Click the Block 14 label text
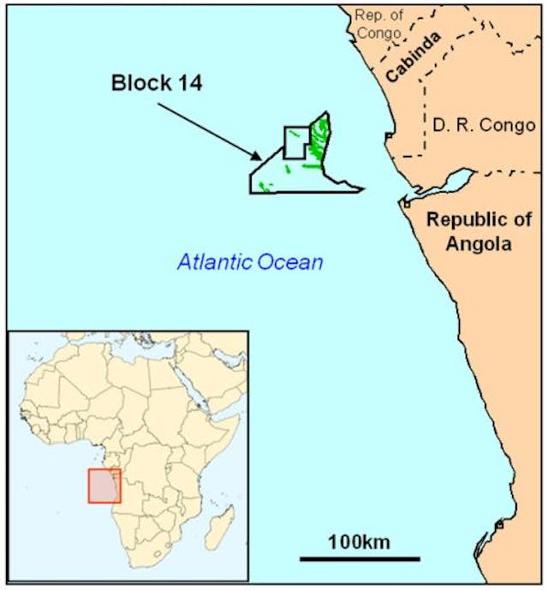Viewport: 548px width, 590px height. point(161,84)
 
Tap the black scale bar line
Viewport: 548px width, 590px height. point(360,559)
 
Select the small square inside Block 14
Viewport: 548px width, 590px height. point(295,142)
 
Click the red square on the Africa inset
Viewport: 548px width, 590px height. point(104,486)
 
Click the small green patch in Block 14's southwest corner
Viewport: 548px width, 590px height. point(265,186)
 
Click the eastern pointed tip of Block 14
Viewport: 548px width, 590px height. point(362,189)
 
